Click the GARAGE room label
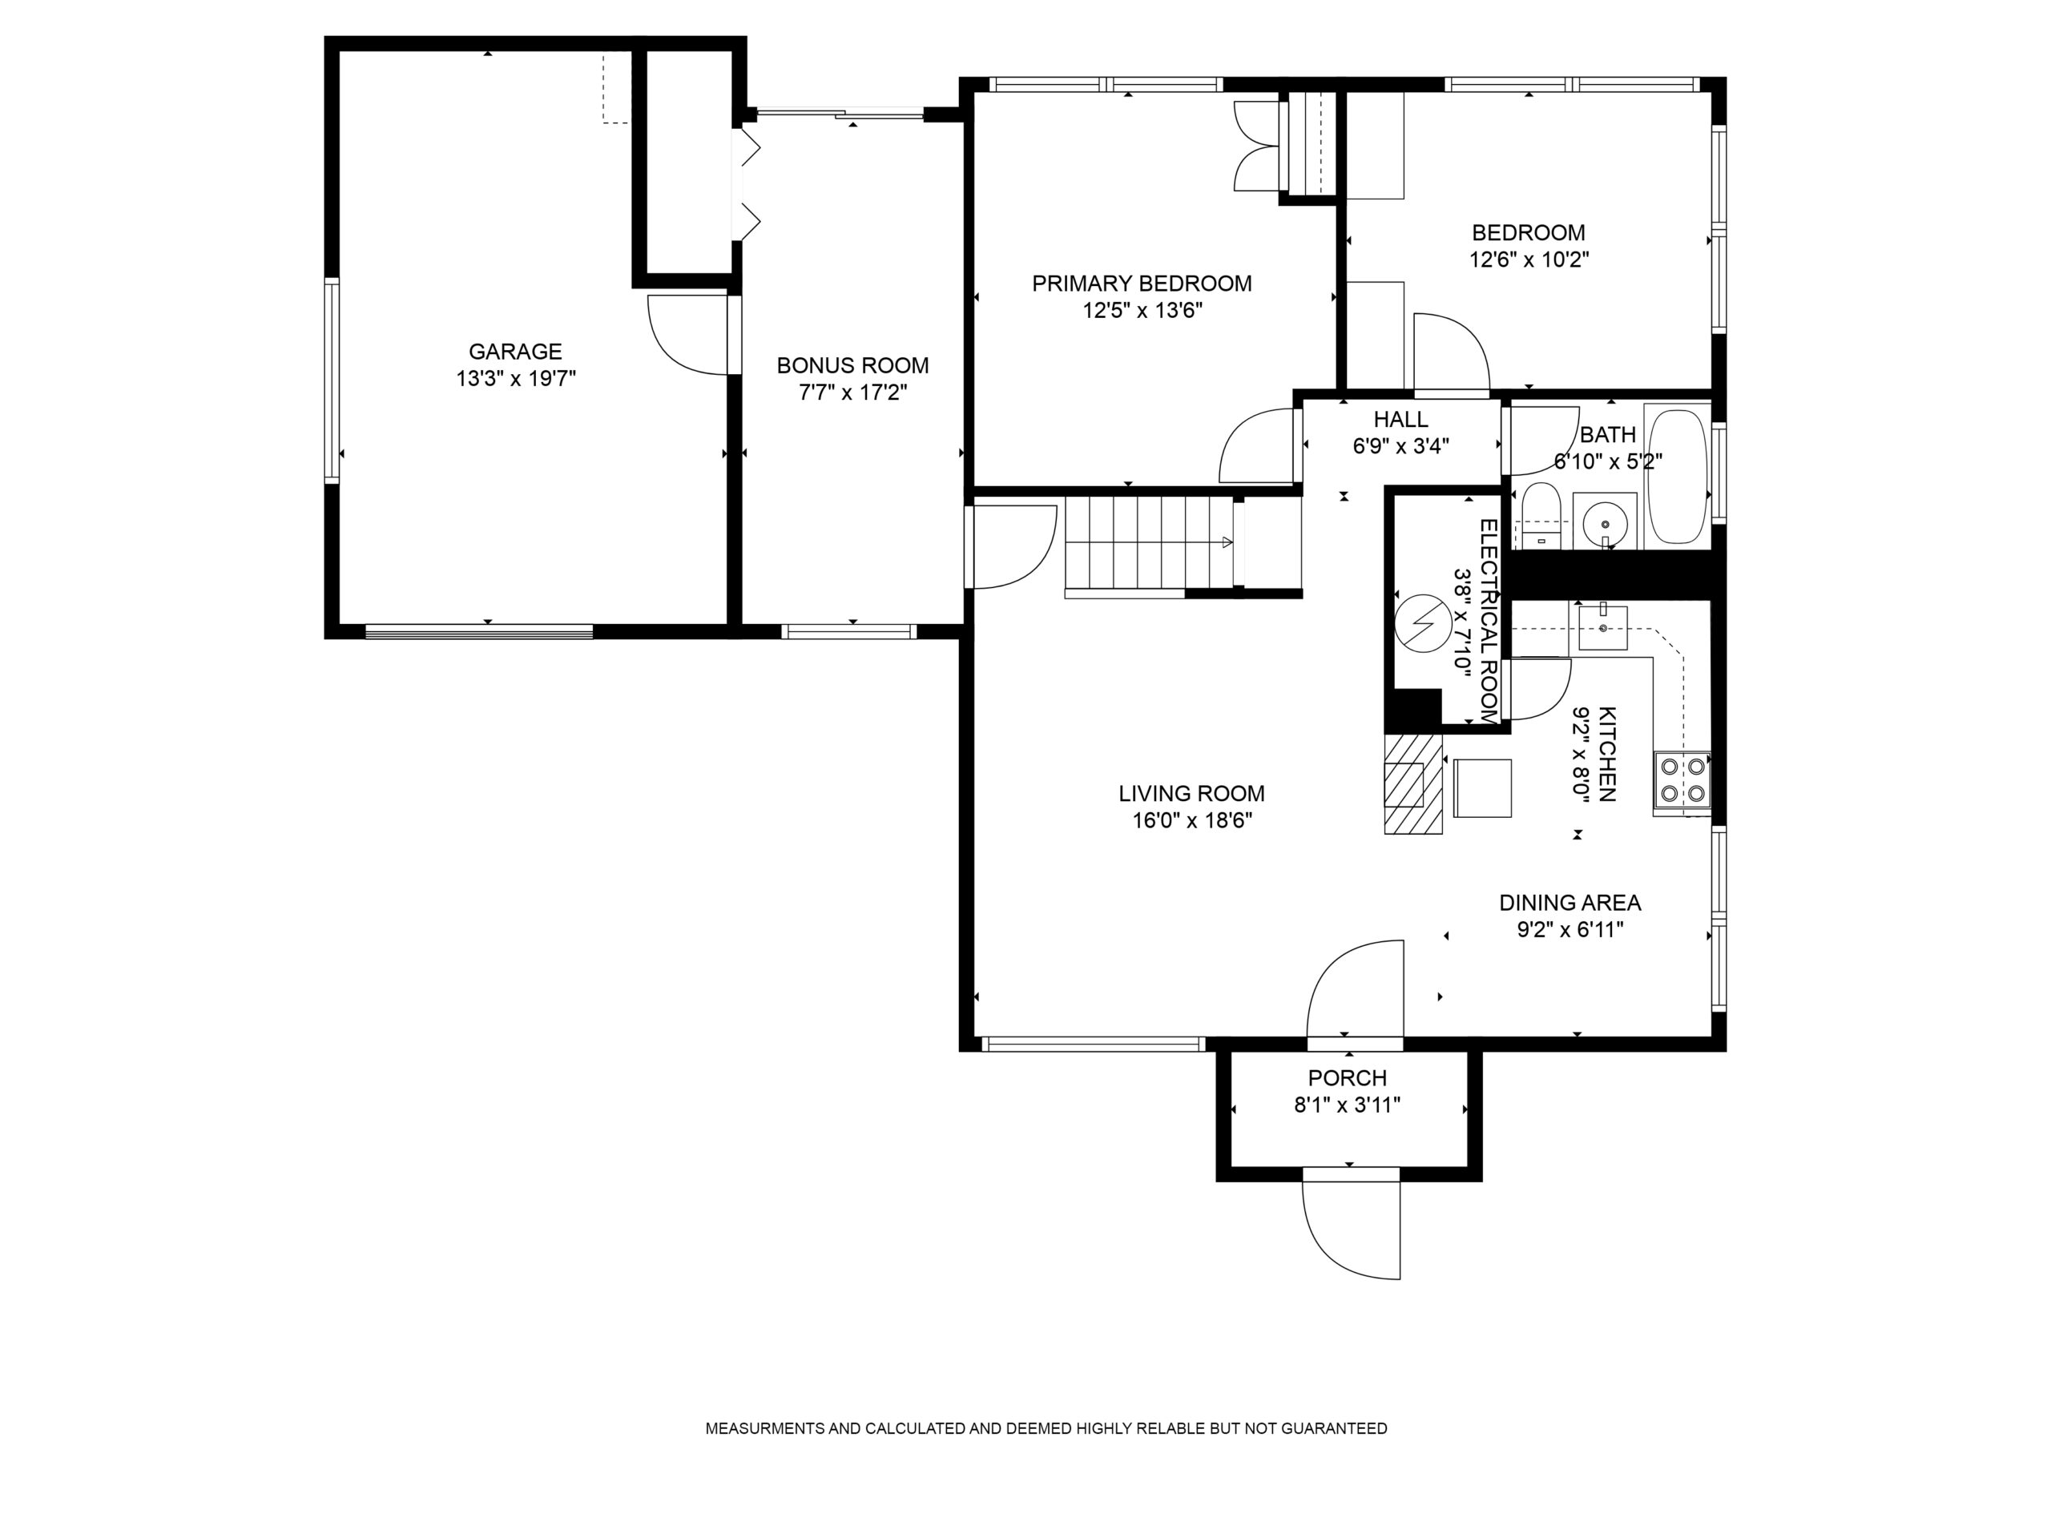514,352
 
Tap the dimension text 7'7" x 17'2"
852,393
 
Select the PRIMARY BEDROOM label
1142,284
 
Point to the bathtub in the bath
1678,476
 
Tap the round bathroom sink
1605,524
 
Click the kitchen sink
1603,628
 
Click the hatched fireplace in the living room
1414,784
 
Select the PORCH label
1348,1078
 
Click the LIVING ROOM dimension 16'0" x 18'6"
1191,820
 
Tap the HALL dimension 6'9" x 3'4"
1400,446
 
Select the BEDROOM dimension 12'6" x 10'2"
1529,260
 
